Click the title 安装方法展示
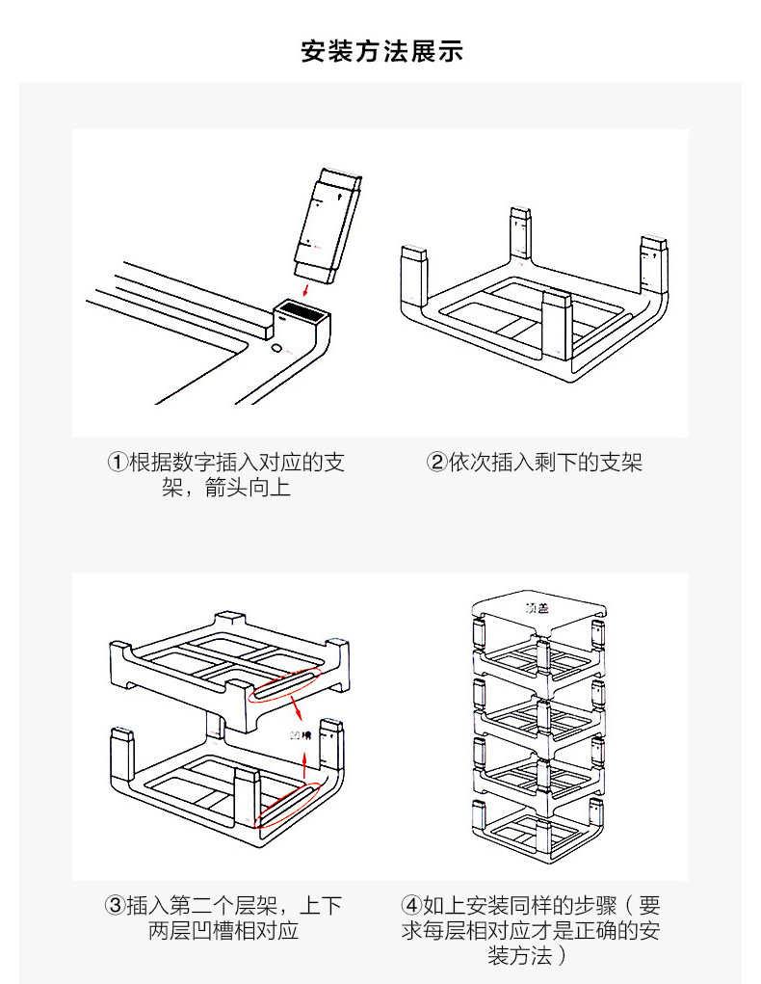pos(381,51)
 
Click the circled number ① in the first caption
pos(117,463)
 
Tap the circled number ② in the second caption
pos(436,463)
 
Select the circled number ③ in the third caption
pos(115,906)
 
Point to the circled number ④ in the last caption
pos(411,906)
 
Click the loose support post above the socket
pos(327,224)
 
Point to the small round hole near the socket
pos(276,346)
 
